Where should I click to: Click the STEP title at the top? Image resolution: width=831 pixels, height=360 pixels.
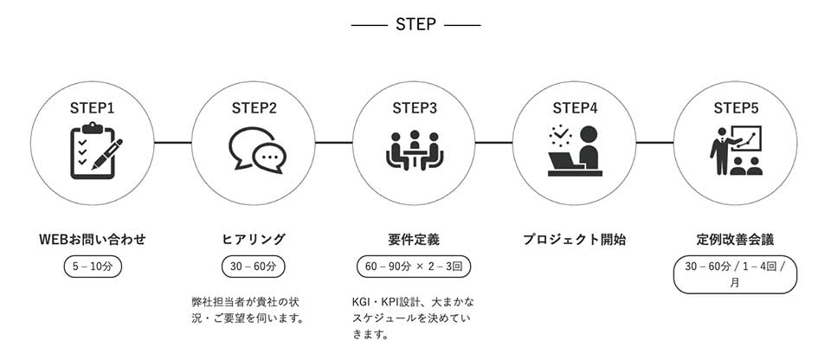tap(415, 24)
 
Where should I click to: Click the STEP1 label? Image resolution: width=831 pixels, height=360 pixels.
tap(93, 108)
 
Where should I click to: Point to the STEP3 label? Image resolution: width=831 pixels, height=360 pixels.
tap(415, 108)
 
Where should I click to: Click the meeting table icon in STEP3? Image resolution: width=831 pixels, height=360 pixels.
tap(415, 151)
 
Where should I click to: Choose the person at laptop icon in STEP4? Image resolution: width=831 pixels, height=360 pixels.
tap(575, 151)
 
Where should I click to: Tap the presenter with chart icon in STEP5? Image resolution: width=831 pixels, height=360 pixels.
tap(736, 151)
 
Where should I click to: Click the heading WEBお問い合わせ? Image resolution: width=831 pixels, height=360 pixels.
tap(93, 239)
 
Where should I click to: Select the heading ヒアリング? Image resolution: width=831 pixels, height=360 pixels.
tap(254, 239)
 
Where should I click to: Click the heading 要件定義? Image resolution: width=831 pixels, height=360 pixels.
tap(415, 239)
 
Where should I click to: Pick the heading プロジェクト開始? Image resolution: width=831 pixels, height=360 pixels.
tap(575, 239)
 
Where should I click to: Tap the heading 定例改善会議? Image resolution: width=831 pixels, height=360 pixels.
tap(735, 239)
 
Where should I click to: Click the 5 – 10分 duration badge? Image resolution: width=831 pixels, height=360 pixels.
tap(93, 267)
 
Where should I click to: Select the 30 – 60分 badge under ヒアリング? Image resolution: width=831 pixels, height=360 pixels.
tap(254, 267)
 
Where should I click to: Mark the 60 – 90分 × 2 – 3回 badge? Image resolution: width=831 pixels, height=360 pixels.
tap(415, 267)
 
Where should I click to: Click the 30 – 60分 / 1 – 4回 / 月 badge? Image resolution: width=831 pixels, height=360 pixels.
tap(735, 274)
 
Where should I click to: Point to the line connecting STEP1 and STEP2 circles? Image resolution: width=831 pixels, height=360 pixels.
tap(173, 142)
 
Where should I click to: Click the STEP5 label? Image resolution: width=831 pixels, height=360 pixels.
tap(736, 108)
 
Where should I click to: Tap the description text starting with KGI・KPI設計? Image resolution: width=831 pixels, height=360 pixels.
tap(408, 318)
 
